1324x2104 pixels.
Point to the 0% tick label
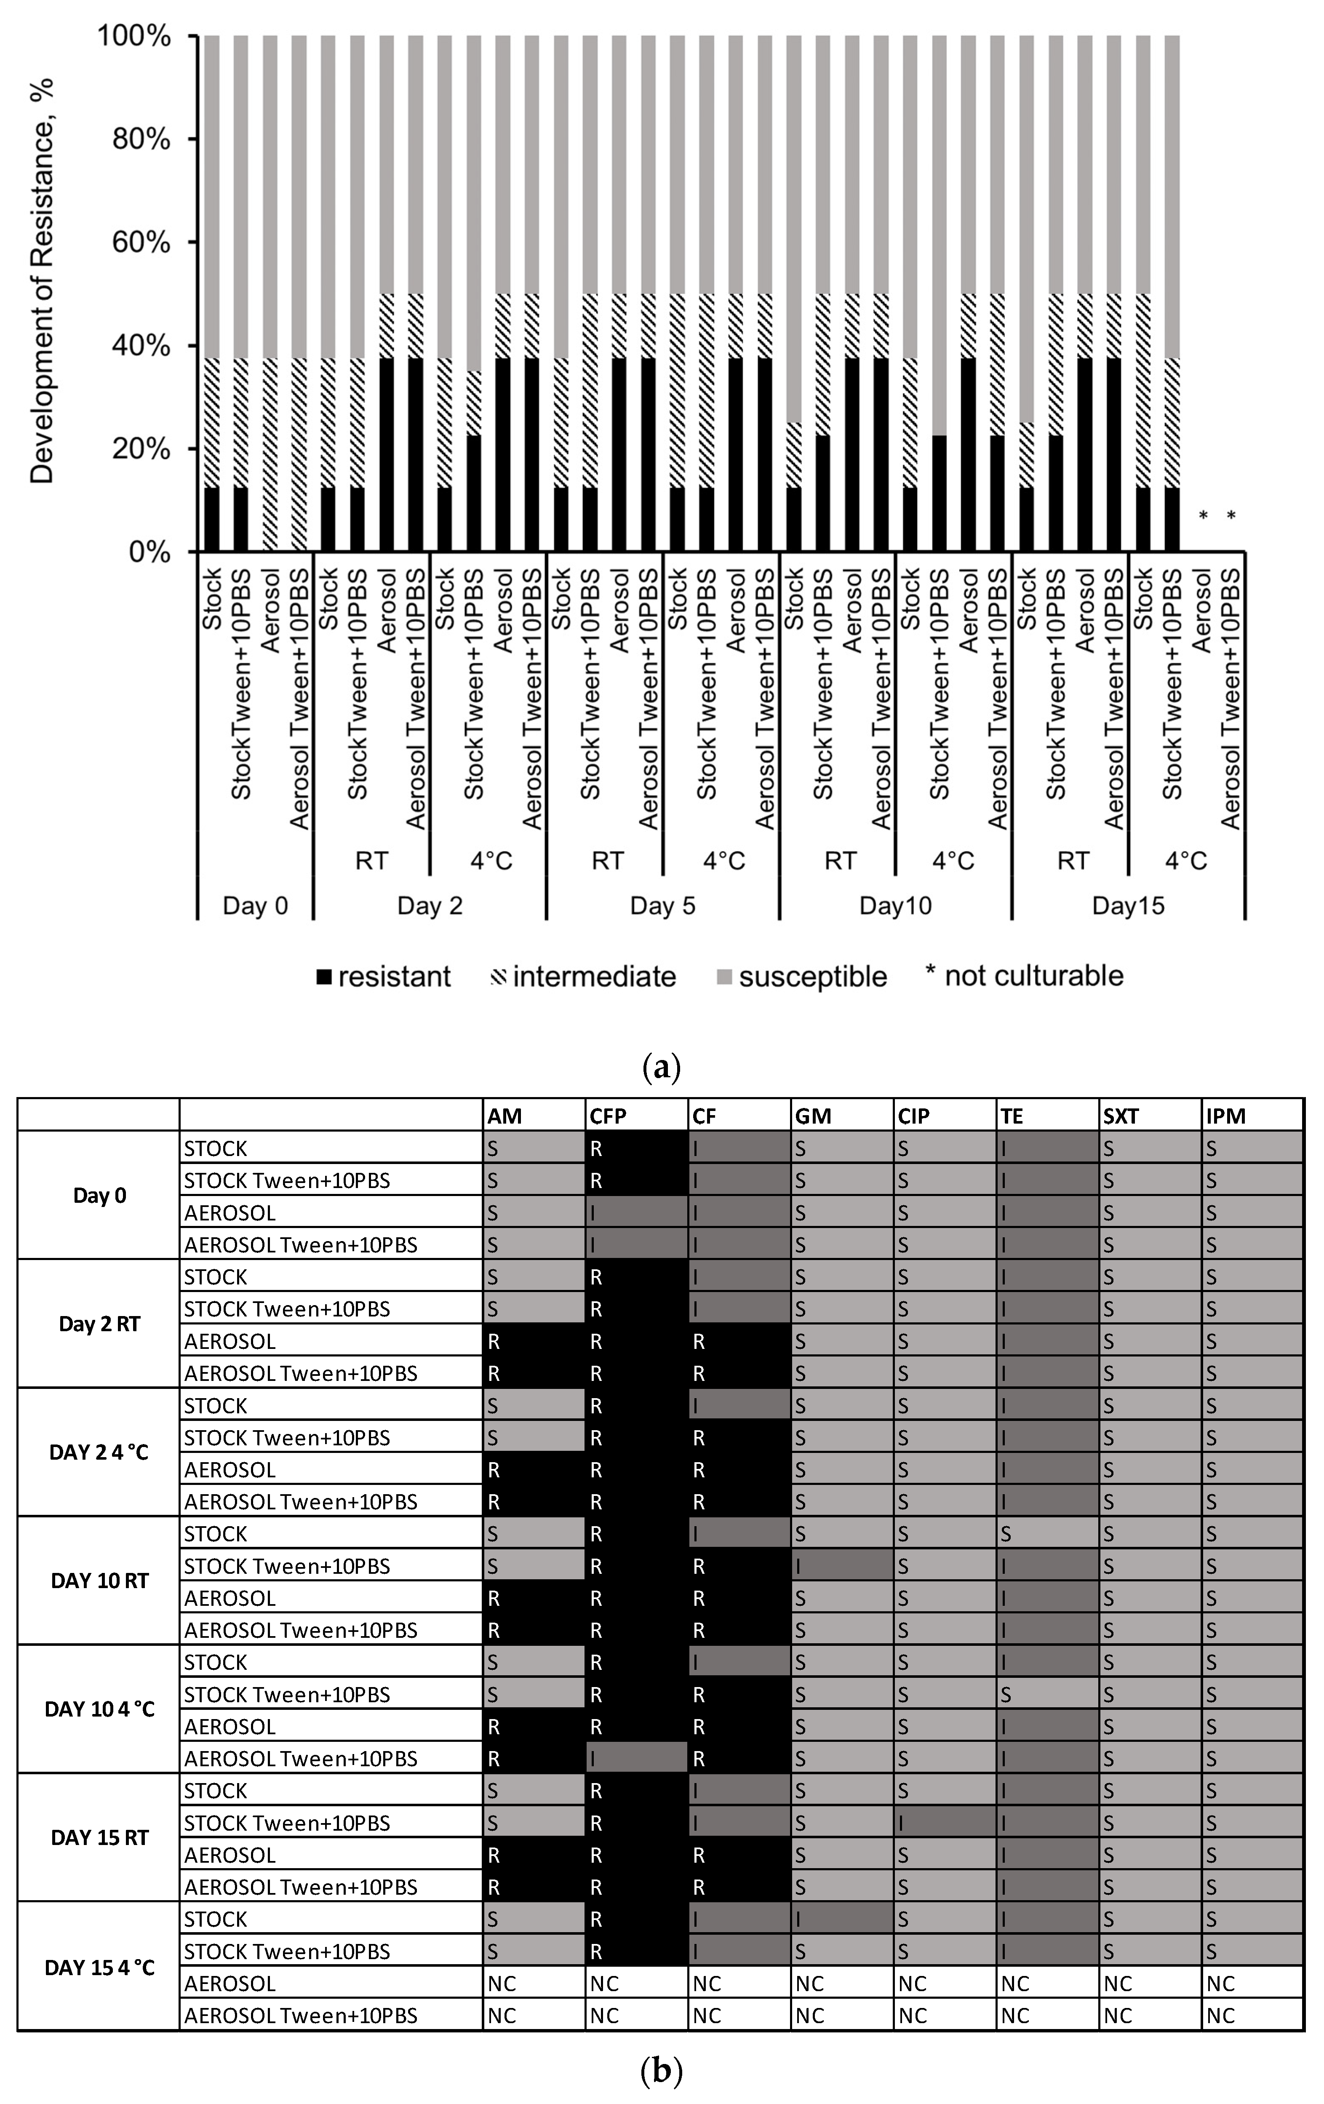pos(149,552)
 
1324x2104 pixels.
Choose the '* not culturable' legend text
pos(1024,975)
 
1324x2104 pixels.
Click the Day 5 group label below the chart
pos(662,905)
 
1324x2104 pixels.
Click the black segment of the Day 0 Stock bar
pos(211,520)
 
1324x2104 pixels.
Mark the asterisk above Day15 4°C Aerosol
pos(1203,516)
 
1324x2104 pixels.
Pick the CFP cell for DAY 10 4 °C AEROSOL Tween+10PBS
pos(635,1758)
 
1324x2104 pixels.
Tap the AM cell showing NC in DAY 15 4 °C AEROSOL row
pos(533,1984)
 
